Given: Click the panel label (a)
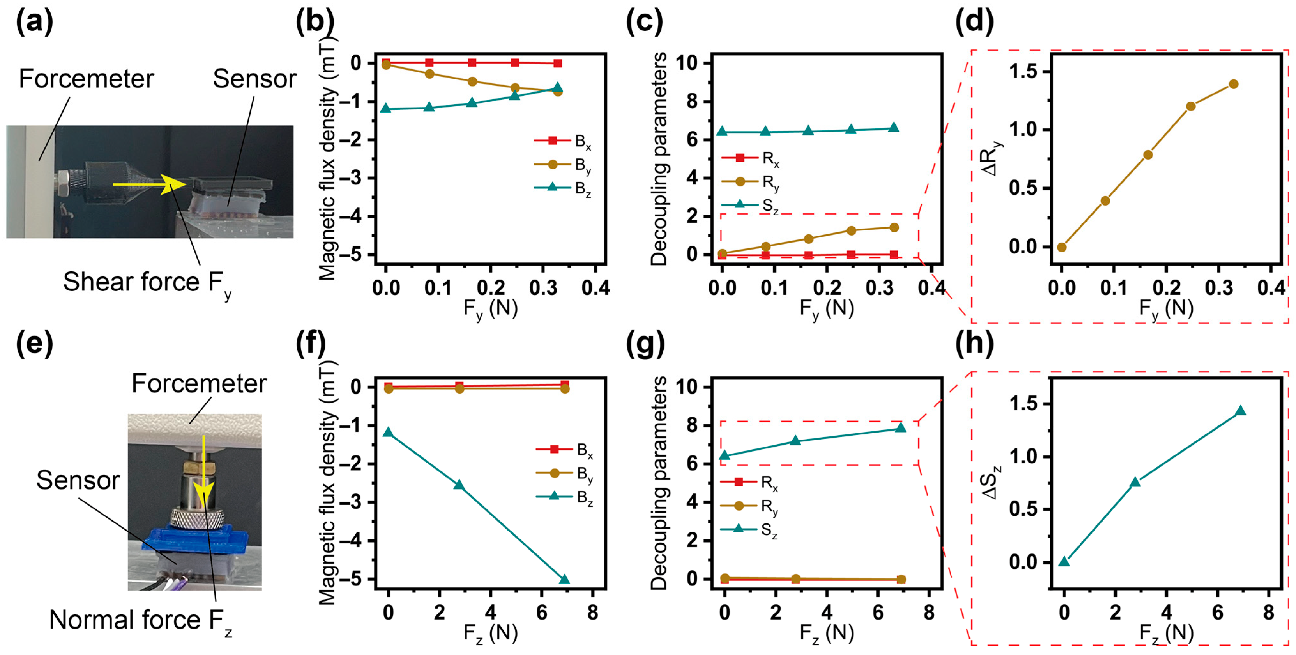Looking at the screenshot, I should click(x=34, y=23).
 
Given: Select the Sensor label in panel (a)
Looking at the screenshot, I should click(x=254, y=79).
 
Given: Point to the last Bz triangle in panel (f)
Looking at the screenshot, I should click(x=565, y=580).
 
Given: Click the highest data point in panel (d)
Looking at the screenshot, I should click(x=1233, y=84).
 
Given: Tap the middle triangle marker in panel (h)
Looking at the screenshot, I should click(x=1135, y=482).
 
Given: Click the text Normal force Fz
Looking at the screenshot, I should click(x=140, y=620).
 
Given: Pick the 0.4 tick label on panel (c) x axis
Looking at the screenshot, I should click(x=932, y=288).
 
